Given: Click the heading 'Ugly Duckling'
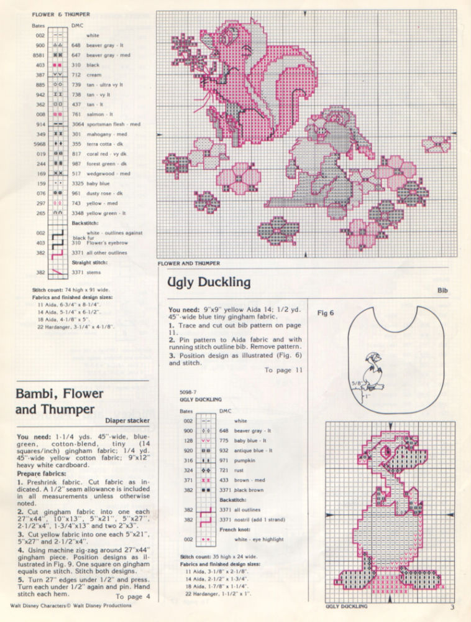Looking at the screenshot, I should pos(209,282).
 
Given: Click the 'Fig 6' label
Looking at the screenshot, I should pos(326,313).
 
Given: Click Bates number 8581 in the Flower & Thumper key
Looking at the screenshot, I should pos(40,55).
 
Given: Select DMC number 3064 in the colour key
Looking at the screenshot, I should pos(78,124).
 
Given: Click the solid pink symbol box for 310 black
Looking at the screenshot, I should pos(57,65).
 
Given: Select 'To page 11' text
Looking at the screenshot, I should pos(283,370).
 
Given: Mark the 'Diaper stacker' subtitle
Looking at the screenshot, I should pos(129,420).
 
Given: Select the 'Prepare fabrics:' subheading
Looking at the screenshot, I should pos(40,473).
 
